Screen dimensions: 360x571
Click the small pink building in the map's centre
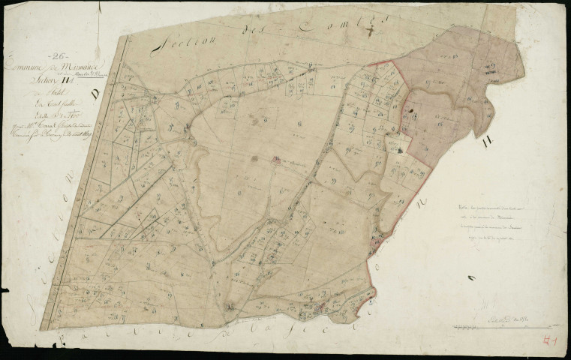275,159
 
